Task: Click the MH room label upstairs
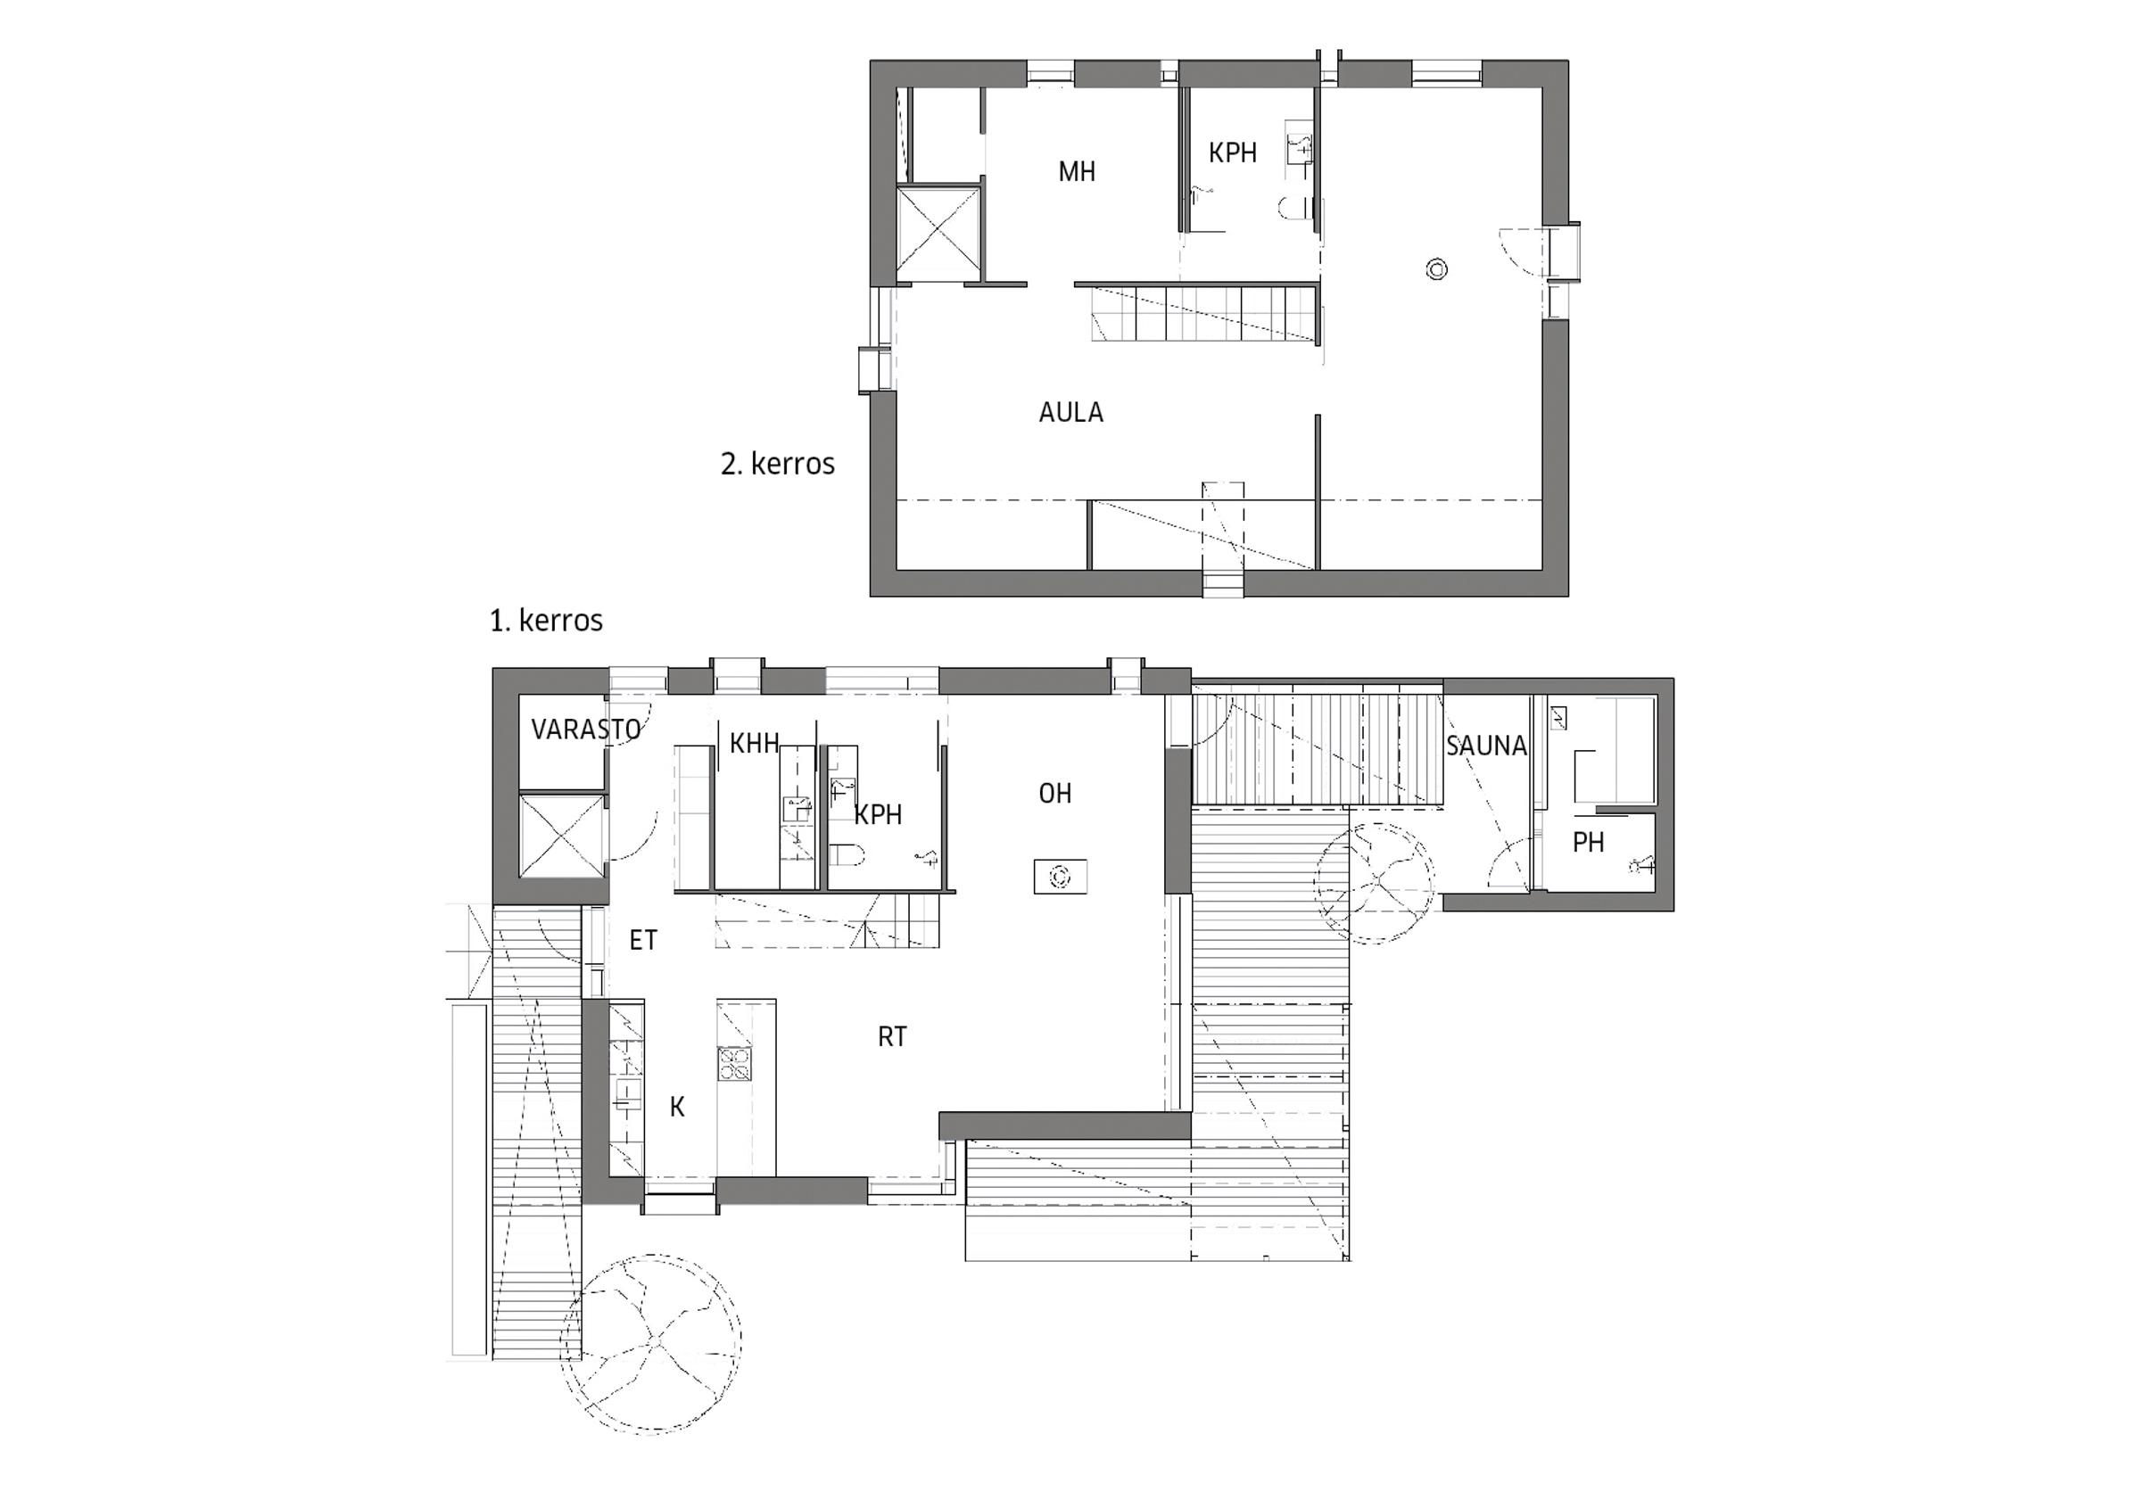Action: click(1077, 172)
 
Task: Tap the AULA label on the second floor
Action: click(1070, 412)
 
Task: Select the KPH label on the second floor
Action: click(1232, 153)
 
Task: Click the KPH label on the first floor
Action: click(878, 814)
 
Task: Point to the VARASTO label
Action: click(586, 730)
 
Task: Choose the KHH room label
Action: click(754, 743)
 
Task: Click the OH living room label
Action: click(1055, 793)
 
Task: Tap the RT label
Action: click(892, 1037)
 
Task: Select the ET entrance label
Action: click(643, 941)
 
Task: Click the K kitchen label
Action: click(677, 1107)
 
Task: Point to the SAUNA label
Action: click(1486, 746)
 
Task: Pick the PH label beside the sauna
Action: click(1588, 842)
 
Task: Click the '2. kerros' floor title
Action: click(778, 463)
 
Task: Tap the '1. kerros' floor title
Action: click(547, 620)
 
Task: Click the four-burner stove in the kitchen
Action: click(733, 1063)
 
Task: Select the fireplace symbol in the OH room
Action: click(1061, 877)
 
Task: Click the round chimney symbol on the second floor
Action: click(1436, 270)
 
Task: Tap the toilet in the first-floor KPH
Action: click(847, 854)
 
